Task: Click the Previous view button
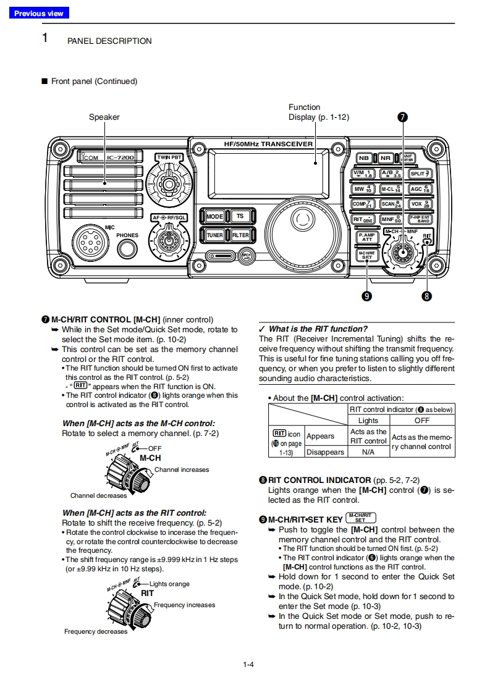point(38,13)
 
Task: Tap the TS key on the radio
point(240,216)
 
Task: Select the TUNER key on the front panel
point(215,235)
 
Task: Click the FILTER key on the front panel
point(240,235)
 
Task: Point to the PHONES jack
point(127,249)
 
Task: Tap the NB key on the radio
point(363,158)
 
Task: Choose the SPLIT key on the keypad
point(420,174)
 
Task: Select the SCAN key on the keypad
point(391,204)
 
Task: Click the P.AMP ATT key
point(367,237)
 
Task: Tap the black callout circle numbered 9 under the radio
point(367,296)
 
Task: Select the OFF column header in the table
point(422,420)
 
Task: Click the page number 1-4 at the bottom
point(248,665)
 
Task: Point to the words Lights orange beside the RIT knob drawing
point(169,584)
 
